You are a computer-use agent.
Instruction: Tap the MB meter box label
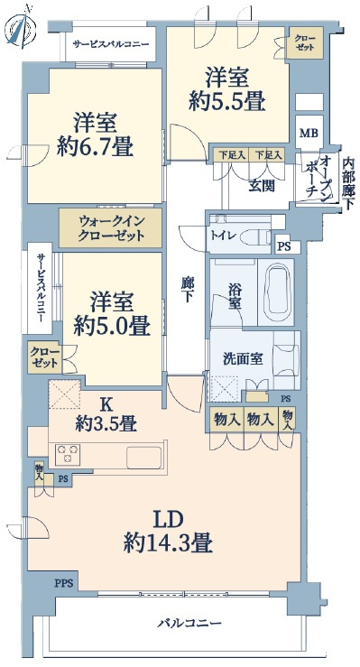[309, 134]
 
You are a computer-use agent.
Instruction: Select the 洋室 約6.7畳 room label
[96, 134]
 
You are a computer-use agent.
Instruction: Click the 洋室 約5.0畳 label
[111, 314]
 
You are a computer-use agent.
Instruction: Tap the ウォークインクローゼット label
[110, 228]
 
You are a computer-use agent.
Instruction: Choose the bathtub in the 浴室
[276, 292]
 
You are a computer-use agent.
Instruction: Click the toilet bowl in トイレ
[259, 236]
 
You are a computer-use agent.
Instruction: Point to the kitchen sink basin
[143, 459]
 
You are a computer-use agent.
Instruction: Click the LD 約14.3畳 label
[168, 532]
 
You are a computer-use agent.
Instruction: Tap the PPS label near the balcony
[64, 583]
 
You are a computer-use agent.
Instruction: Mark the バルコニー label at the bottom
[189, 624]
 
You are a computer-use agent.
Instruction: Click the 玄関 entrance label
[262, 185]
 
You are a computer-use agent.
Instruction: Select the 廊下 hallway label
[186, 289]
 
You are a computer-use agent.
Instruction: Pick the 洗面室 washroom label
[243, 359]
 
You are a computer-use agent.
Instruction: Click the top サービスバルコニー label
[110, 44]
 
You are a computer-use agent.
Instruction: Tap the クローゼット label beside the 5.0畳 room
[44, 357]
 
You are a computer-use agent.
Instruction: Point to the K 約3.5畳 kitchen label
[106, 414]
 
